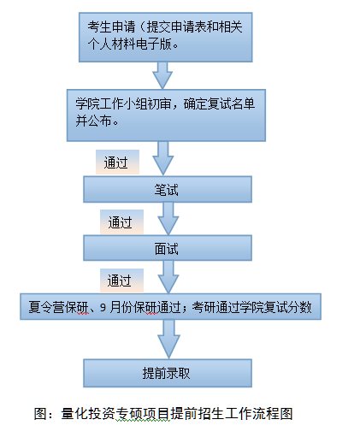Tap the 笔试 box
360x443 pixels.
tap(168, 189)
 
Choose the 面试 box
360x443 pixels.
tap(168, 247)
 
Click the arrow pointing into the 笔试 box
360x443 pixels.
tap(162, 158)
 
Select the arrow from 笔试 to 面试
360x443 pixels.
tap(168, 218)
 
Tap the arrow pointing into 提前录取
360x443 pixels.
tap(168, 340)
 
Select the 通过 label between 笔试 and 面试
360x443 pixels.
tap(121, 222)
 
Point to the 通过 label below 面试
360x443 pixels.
tap(121, 279)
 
